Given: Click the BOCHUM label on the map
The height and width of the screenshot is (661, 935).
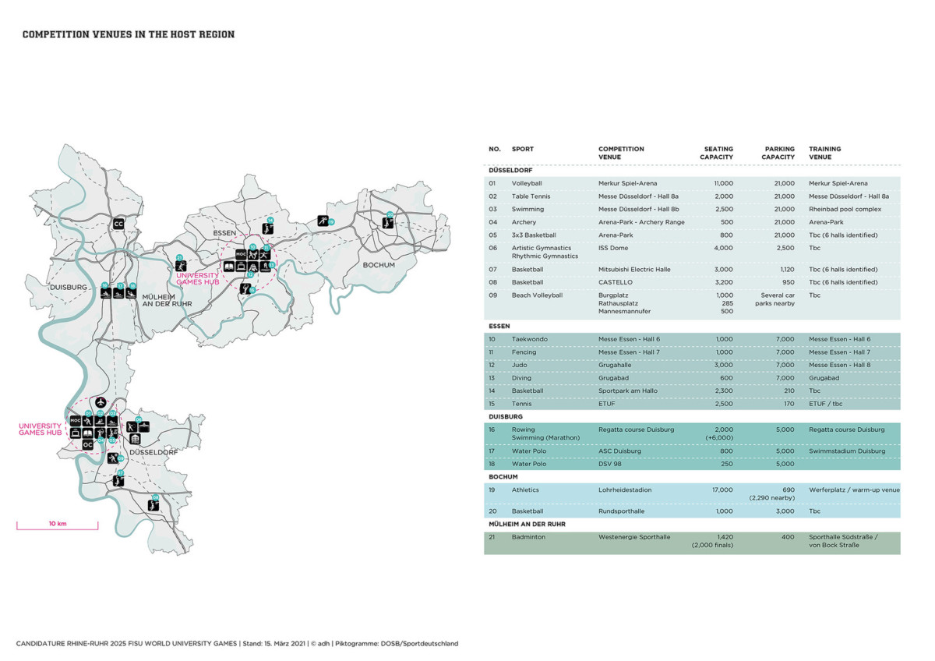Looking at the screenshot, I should point(379,265).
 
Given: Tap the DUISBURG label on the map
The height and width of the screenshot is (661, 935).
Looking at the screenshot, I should point(69,287).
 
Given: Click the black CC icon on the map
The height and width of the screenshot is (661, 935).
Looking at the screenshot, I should point(118,224).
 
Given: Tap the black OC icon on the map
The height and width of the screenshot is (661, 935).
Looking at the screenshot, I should point(88,444).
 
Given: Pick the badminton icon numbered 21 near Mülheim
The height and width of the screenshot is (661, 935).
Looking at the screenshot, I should point(181,266).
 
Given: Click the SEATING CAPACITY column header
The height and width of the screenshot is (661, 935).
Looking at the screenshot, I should point(716,153).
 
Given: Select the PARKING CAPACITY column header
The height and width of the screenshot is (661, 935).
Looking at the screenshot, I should point(778,153).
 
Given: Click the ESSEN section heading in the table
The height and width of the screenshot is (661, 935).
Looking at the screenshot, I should point(499,326).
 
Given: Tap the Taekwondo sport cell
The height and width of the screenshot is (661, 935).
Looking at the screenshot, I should point(528,339).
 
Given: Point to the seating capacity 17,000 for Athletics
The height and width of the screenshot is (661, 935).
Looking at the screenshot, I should point(722,490).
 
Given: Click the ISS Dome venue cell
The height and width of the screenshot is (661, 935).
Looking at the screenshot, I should point(614,248).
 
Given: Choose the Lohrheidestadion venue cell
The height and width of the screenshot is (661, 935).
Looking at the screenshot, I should point(625,490).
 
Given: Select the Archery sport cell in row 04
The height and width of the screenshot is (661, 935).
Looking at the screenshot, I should point(524,222).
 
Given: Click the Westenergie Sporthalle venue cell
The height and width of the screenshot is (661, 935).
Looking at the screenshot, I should point(633,537).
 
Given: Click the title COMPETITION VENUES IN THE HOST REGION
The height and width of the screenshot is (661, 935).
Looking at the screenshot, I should point(129,34).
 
